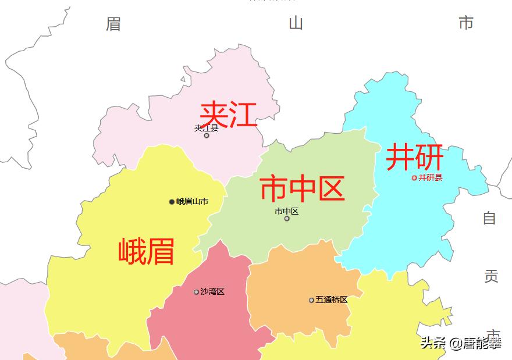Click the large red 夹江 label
(228, 114)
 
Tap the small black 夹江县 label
(206, 128)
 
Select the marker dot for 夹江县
(207, 136)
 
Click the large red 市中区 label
(302, 189)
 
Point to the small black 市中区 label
(287, 211)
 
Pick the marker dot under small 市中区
(287, 219)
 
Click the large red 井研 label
(415, 157)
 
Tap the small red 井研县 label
(431, 177)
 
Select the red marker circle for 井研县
(414, 178)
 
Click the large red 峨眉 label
(146, 251)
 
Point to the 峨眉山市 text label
(192, 202)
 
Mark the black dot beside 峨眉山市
(172, 202)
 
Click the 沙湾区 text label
(212, 291)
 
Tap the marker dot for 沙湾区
(197, 292)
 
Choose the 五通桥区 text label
(332, 300)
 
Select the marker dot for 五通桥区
(311, 300)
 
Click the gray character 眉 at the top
(113, 24)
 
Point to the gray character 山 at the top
(296, 23)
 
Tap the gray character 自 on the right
(489, 218)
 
